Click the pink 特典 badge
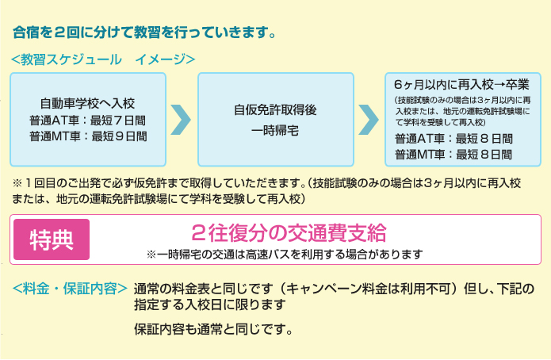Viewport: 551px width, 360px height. pyautogui.click(x=52, y=239)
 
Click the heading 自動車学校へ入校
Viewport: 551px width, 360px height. pyautogui.click(x=87, y=103)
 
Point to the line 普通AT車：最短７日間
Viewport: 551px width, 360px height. pyautogui.click(x=87, y=121)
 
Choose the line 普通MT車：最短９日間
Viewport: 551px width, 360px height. pyautogui.click(x=88, y=136)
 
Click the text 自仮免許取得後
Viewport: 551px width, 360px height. pyautogui.click(x=276, y=109)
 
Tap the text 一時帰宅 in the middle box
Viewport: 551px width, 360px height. pyautogui.click(x=275, y=131)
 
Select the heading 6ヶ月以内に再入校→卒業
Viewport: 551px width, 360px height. pyautogui.click(x=461, y=84)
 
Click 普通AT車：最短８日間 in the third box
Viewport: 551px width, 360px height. pyautogui.click(x=453, y=139)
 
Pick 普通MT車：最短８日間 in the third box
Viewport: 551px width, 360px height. pyautogui.click(x=453, y=154)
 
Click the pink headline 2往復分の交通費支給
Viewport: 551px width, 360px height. pyautogui.click(x=289, y=233)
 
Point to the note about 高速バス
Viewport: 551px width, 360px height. pyautogui.click(x=285, y=254)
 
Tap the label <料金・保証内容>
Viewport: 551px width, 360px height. pyautogui.click(x=70, y=289)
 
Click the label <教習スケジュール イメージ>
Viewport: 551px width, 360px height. pyautogui.click(x=103, y=59)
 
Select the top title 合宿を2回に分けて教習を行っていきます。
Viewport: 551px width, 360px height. pyautogui.click(x=144, y=33)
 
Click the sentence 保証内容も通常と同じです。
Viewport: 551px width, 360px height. pyautogui.click(x=213, y=329)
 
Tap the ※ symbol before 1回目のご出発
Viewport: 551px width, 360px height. pyautogui.click(x=17, y=183)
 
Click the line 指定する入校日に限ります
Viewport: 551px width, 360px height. pyautogui.click(x=209, y=304)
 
